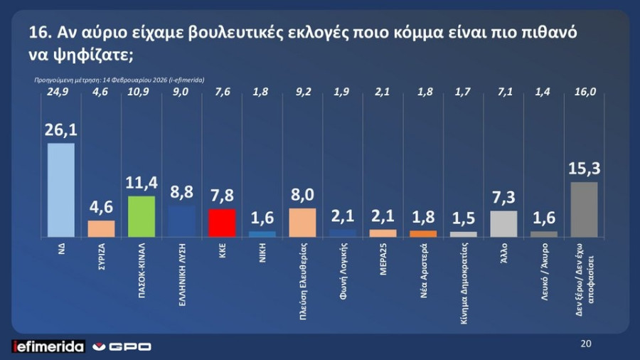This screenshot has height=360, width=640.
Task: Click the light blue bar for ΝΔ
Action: click(60, 190)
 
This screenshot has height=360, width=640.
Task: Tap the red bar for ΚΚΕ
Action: click(223, 223)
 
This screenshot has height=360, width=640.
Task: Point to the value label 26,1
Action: click(60, 129)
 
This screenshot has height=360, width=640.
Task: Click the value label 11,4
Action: click(142, 183)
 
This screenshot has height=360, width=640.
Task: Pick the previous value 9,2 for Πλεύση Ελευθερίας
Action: click(302, 92)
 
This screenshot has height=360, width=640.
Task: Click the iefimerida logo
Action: click(48, 346)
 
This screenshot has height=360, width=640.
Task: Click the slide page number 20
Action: click(586, 344)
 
